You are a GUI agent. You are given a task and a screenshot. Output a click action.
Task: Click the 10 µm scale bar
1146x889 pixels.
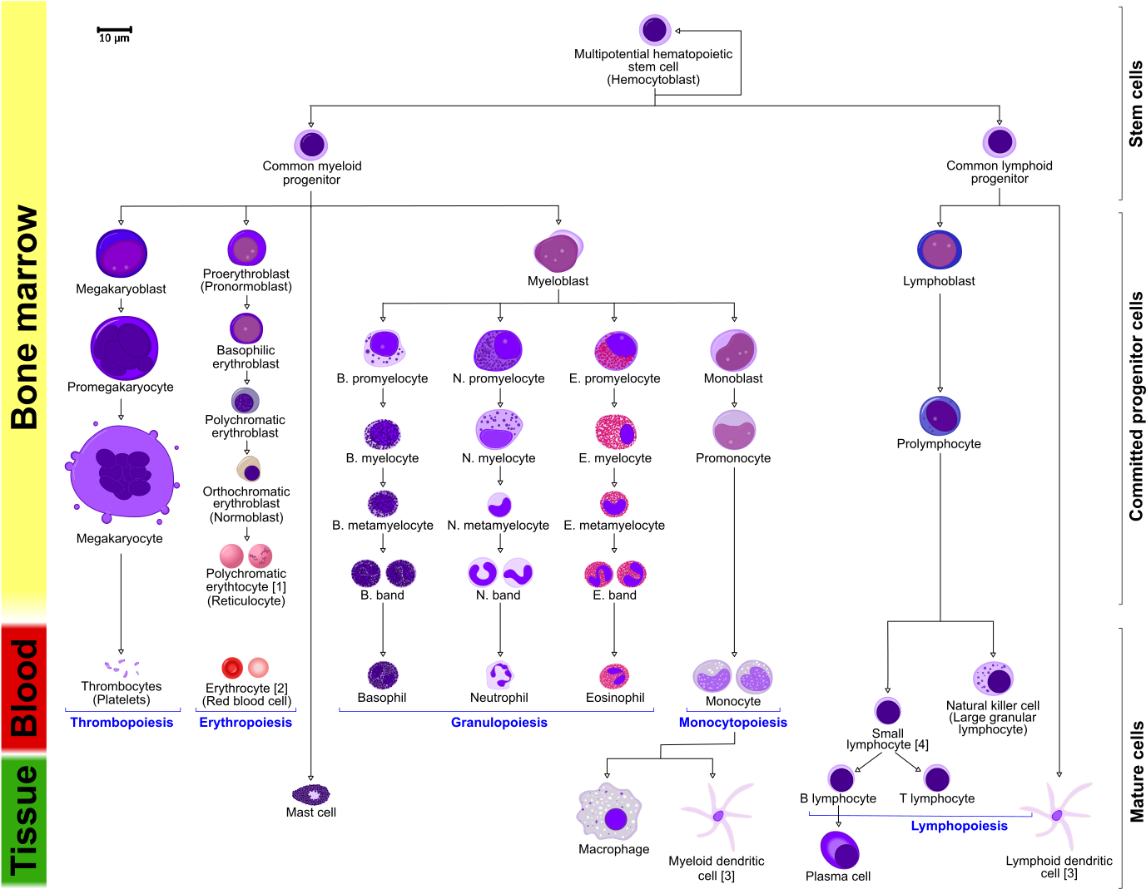click(115, 29)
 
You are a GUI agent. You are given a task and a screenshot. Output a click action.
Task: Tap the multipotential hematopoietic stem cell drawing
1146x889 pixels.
click(655, 29)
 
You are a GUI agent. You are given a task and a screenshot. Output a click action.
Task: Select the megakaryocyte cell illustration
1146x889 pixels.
click(122, 472)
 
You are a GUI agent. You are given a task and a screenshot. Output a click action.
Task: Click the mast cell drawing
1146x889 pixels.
click(311, 793)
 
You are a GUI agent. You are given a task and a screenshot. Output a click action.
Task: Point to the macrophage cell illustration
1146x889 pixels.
click(609, 812)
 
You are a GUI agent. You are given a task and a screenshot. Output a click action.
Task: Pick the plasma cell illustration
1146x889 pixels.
click(840, 849)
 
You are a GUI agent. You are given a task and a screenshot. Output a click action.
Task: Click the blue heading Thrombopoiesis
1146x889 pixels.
click(122, 722)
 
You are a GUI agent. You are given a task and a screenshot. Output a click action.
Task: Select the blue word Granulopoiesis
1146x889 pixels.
click(499, 722)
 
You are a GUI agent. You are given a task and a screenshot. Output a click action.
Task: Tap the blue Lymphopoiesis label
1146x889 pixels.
click(959, 826)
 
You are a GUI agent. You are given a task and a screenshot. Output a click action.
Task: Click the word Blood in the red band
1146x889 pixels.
click(24, 688)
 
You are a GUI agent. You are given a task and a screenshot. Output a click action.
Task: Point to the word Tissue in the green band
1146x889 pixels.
click(24, 821)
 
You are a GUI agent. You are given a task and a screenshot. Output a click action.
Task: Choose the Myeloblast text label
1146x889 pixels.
click(558, 281)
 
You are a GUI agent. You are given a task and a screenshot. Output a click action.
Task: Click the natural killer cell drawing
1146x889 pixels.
click(993, 679)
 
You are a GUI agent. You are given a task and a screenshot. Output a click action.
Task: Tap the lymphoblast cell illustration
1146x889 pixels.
click(940, 249)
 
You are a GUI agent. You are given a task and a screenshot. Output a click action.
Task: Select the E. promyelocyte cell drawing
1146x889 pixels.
click(616, 350)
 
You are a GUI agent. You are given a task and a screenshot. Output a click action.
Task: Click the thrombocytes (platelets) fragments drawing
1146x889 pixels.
click(122, 668)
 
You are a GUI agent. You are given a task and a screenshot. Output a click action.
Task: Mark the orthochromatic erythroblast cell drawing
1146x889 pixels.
click(248, 468)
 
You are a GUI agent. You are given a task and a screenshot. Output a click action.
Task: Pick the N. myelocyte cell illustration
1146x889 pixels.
click(499, 429)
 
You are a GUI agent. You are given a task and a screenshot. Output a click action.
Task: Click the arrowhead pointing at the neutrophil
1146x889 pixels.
click(500, 654)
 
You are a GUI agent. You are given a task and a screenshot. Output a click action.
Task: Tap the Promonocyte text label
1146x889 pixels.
click(733, 458)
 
